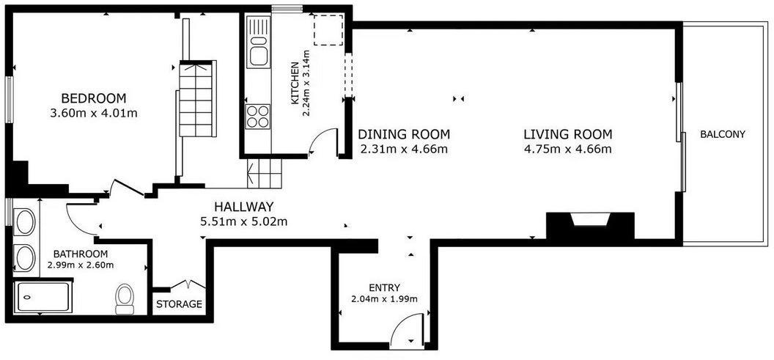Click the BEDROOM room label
click(94, 98)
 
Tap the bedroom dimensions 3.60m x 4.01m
click(94, 113)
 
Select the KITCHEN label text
click(295, 83)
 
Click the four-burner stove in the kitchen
click(258, 117)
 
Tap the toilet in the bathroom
click(125, 298)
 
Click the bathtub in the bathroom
click(42, 297)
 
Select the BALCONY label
click(722, 134)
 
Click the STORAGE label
click(179, 304)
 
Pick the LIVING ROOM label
click(567, 134)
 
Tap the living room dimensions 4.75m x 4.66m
click(567, 149)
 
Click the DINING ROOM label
click(405, 134)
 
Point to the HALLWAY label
click(243, 207)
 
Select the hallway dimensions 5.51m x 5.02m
click(243, 221)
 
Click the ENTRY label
click(384, 287)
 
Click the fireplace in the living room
click(589, 226)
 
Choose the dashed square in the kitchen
click(329, 30)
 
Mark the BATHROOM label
click(81, 255)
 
